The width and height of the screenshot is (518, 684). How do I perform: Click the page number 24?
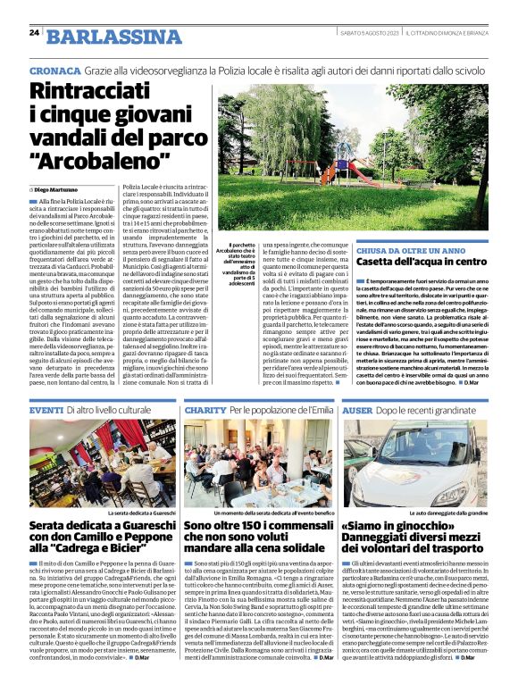click(x=34, y=33)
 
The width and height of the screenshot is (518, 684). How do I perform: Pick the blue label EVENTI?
click(x=46, y=409)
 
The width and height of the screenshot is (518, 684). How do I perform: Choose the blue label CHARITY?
click(x=205, y=409)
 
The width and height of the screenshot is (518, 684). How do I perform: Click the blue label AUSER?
click(x=357, y=409)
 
